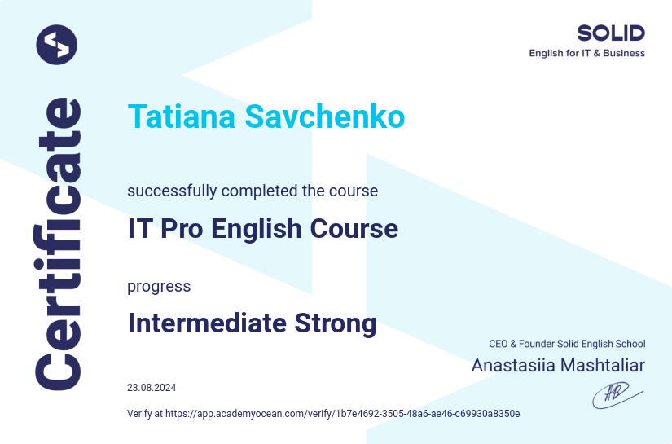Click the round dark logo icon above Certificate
point(56,44)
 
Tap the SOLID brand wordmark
point(611,33)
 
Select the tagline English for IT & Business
point(586,54)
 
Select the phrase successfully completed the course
point(253,191)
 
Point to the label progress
point(159,287)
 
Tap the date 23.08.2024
point(152,388)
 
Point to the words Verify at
point(145,414)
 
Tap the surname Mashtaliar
point(604,365)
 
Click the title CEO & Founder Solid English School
point(567,345)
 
